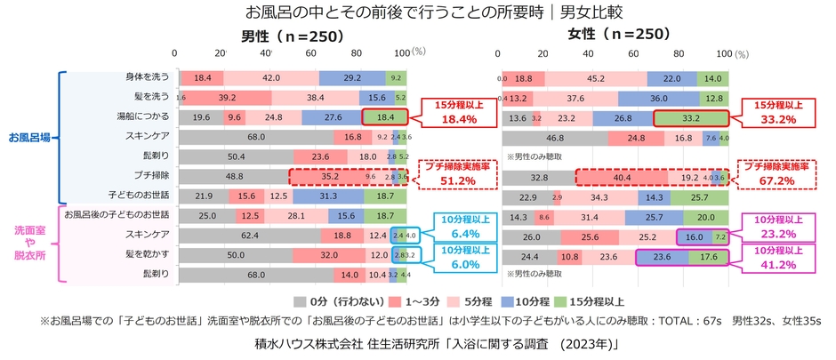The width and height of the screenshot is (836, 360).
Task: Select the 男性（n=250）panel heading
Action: [x=285, y=37]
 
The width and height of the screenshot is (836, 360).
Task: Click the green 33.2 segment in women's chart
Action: [x=690, y=117]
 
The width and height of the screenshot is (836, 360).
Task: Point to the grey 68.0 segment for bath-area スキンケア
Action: [x=255, y=137]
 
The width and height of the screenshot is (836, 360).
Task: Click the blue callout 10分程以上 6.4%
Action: [x=453, y=228]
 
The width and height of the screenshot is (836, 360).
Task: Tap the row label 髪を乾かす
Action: [x=148, y=254]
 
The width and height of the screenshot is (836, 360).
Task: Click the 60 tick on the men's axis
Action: [x=313, y=52]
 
